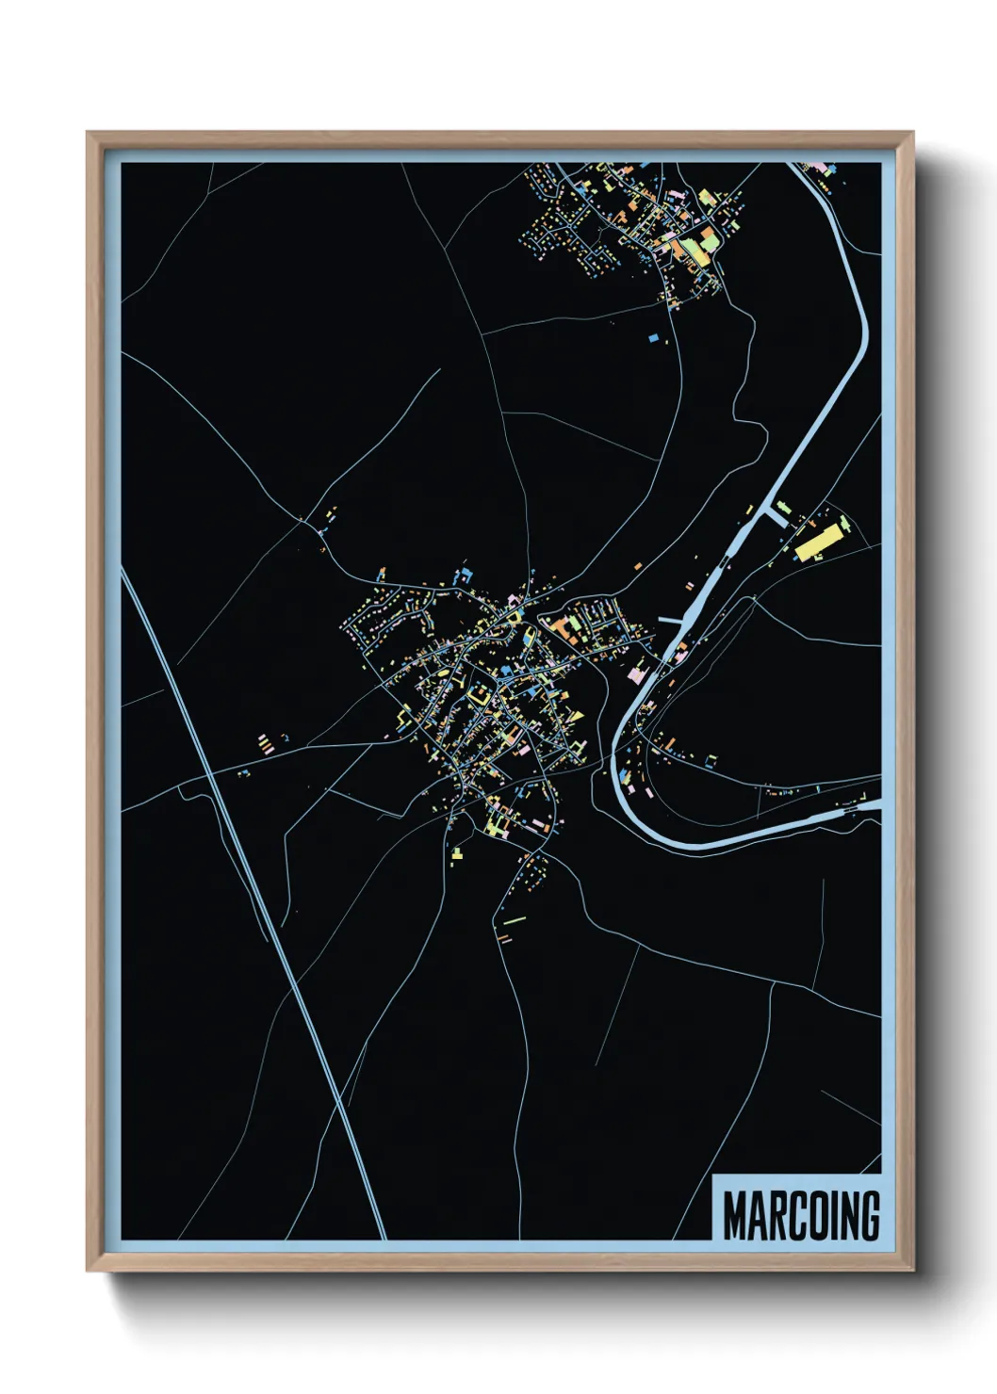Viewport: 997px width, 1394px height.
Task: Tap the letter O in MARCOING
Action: point(811,1216)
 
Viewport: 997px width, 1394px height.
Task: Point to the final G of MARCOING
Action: point(869,1216)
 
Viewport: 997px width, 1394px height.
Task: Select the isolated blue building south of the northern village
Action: point(652,335)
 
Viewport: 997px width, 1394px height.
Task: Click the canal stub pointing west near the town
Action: point(670,620)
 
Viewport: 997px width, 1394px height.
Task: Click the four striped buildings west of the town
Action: point(265,744)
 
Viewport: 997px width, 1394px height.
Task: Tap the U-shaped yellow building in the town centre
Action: point(479,695)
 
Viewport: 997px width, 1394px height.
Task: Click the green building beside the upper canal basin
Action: point(784,509)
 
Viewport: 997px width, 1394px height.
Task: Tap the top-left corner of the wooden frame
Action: point(88,133)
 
